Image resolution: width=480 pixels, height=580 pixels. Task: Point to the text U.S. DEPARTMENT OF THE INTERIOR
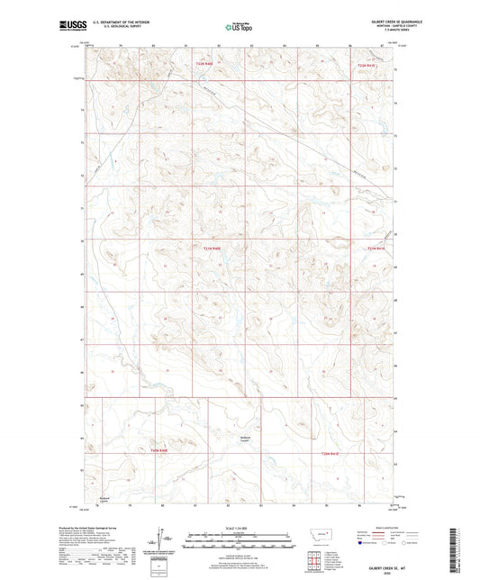109,23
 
